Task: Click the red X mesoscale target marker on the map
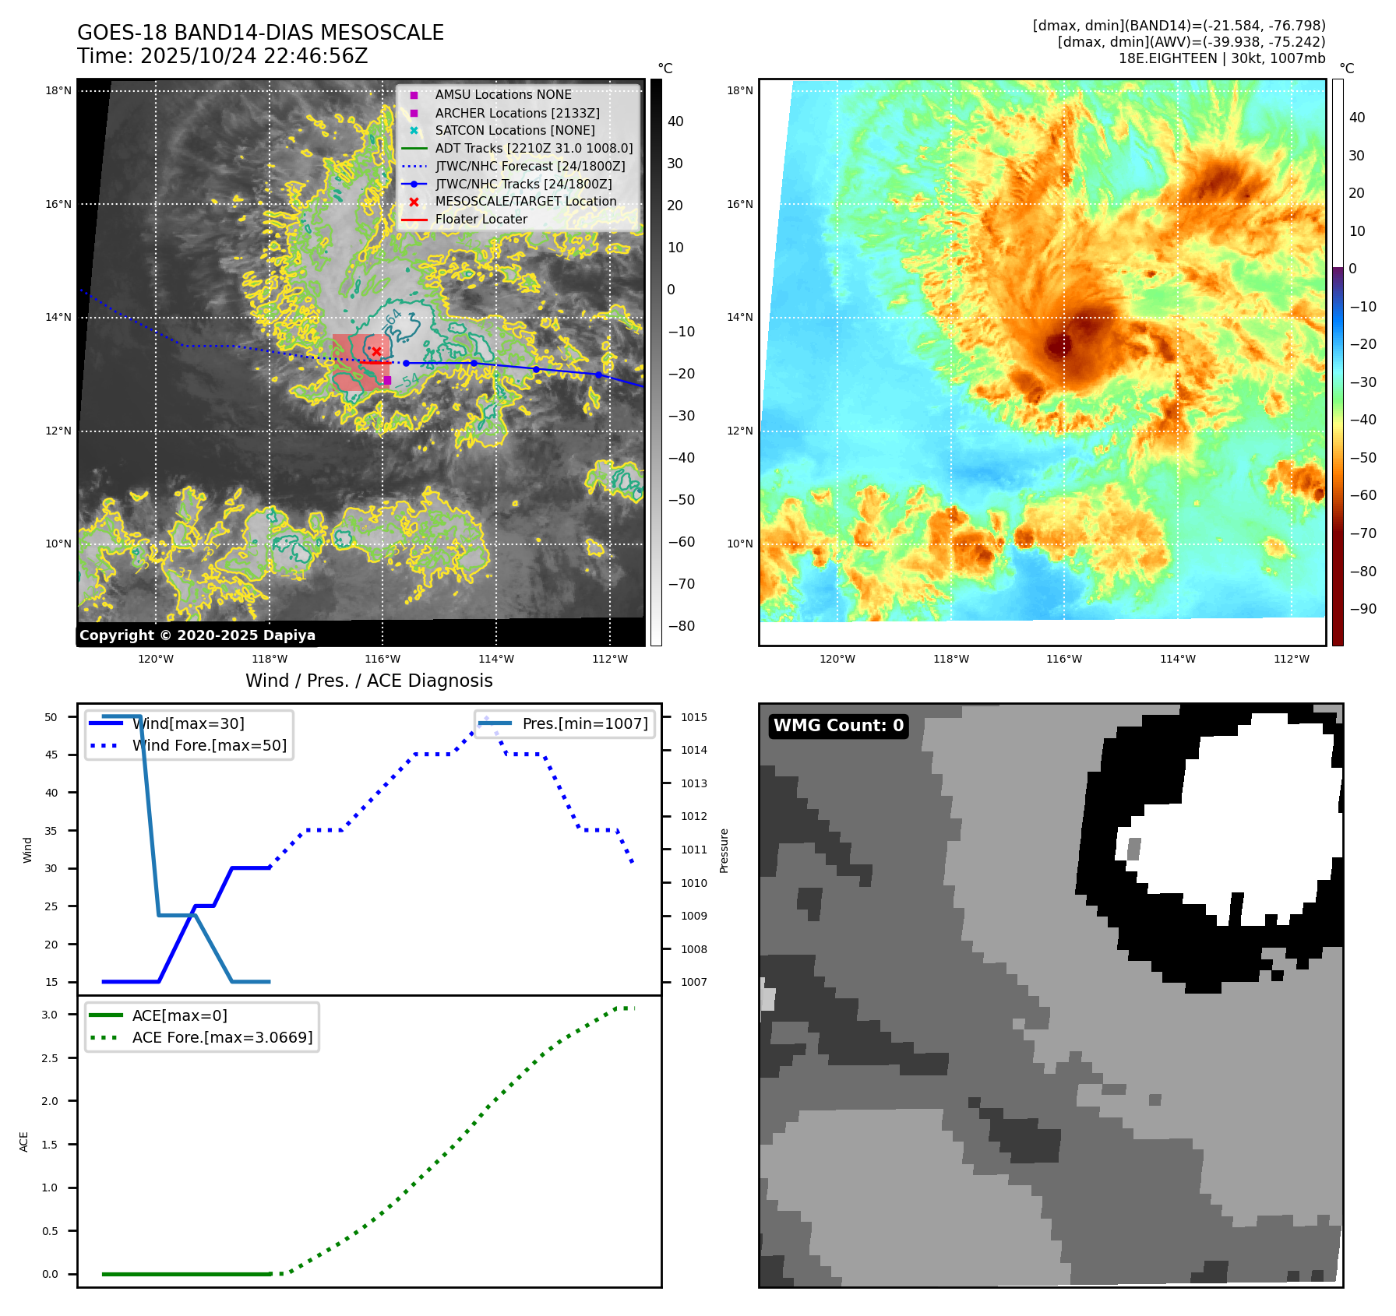pos(376,352)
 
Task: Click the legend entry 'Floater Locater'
pos(481,220)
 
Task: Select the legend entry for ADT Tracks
pos(534,148)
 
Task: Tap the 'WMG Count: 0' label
pos(838,726)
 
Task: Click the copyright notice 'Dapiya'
pos(197,635)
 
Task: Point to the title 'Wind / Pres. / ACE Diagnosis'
pos(368,681)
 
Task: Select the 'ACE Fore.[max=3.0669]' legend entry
pos(222,1037)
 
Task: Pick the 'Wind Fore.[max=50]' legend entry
pos(209,745)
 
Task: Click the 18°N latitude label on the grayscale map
pos(58,91)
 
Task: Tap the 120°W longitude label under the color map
pos(837,659)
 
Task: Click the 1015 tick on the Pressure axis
pos(694,717)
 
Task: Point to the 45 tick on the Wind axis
pos(51,755)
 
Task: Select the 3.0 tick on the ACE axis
pos(50,1015)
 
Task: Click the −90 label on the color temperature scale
pos(1363,609)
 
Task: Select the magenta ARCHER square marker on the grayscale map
pos(387,380)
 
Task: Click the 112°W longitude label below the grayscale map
pos(609,659)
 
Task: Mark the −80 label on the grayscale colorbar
pos(682,626)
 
